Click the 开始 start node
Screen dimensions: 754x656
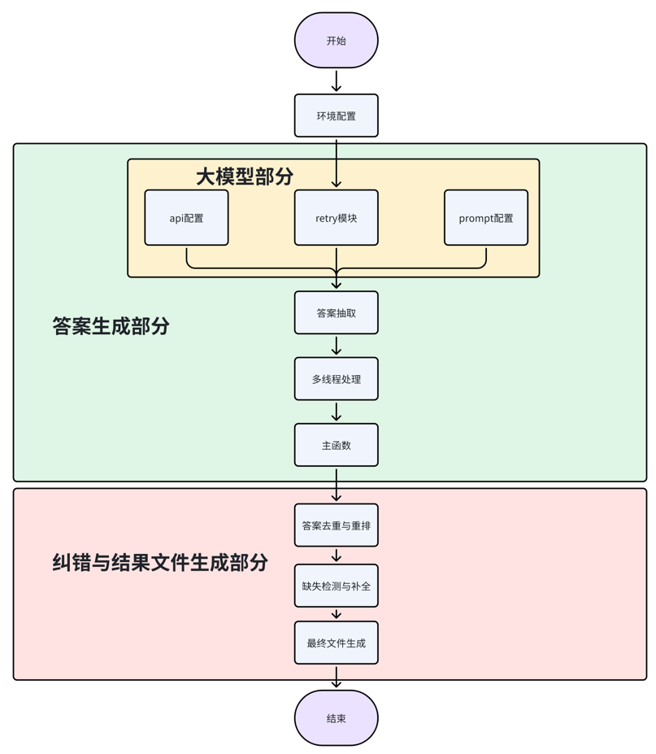click(336, 41)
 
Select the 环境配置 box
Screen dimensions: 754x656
click(336, 115)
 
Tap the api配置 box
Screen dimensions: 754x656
click(186, 218)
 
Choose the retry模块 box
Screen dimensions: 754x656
click(336, 218)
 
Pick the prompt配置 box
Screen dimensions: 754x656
click(485, 218)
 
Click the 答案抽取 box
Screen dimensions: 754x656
click(336, 312)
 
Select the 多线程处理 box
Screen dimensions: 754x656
click(336, 379)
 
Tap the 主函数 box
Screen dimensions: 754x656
click(336, 445)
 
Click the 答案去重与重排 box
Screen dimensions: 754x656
click(336, 525)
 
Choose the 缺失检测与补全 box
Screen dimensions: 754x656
click(336, 586)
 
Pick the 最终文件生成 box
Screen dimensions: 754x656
click(336, 643)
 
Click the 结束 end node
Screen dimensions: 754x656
click(336, 718)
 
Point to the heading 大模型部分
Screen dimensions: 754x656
click(244, 177)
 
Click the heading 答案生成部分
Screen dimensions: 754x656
click(111, 326)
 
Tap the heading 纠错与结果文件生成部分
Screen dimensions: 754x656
click(160, 562)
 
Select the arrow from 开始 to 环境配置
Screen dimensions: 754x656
click(336, 81)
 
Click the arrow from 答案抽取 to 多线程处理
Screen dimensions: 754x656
click(336, 346)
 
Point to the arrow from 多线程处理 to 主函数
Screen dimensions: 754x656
click(336, 412)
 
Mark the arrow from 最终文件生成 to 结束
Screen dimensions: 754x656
click(336, 677)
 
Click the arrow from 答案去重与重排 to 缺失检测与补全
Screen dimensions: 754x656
click(336, 556)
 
